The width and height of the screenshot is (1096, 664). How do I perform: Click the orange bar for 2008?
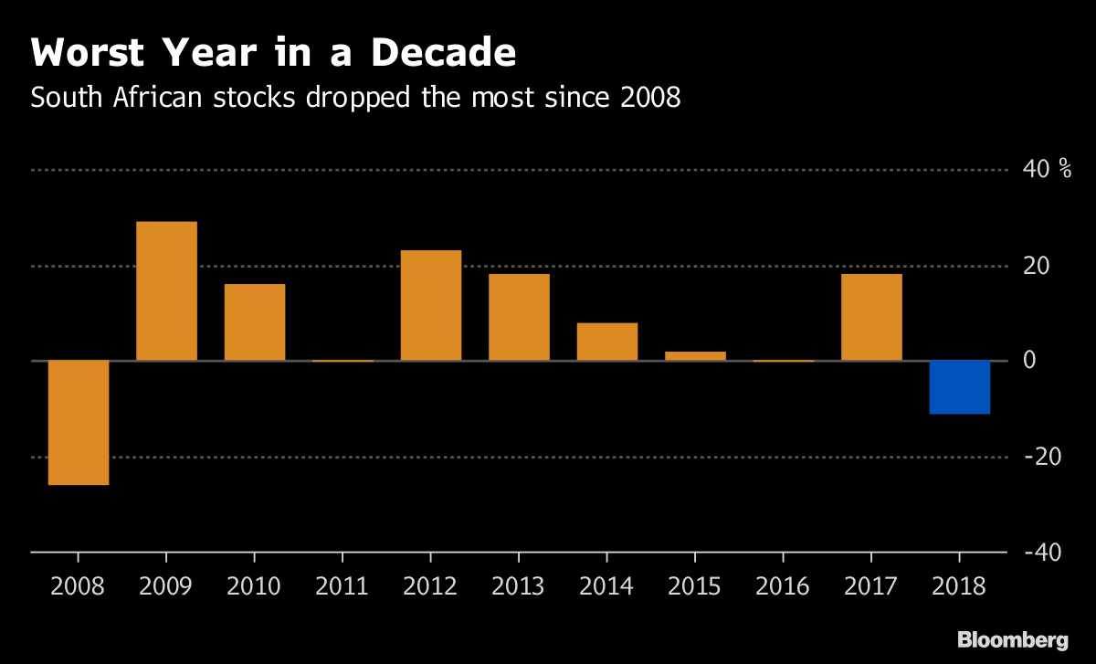coord(79,422)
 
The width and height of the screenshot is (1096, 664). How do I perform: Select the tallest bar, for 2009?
coord(166,291)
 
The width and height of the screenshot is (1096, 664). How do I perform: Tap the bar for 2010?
coord(255,322)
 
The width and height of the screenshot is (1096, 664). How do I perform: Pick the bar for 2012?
coord(431,305)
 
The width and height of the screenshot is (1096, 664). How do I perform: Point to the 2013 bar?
coord(519,317)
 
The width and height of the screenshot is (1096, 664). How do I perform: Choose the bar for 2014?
coord(607,342)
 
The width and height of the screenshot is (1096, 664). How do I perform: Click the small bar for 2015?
coord(695,356)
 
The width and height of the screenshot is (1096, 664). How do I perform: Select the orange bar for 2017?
coord(871,317)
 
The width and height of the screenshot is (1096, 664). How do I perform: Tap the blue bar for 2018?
coord(960,387)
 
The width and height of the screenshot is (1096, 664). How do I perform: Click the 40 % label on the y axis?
coord(1048,170)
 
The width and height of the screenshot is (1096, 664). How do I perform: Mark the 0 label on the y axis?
coord(1029,361)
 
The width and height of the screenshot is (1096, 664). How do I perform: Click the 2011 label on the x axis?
coord(342,585)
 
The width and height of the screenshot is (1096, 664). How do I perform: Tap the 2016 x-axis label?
coord(783,585)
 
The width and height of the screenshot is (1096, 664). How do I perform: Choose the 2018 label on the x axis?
coord(959,585)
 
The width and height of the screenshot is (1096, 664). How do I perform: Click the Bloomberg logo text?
coord(1012,639)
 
